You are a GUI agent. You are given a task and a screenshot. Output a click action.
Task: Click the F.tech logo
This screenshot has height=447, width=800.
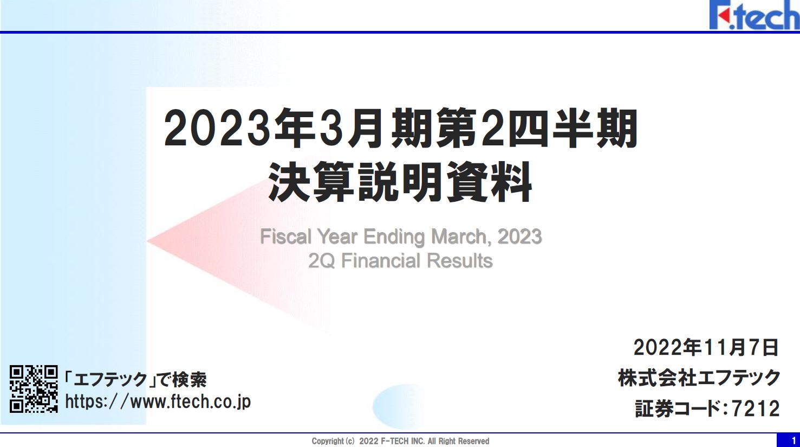[x=755, y=15]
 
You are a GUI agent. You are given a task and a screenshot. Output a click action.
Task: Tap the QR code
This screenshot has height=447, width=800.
[x=34, y=389]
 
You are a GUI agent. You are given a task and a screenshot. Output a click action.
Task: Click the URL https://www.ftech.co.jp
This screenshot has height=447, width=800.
[x=158, y=402]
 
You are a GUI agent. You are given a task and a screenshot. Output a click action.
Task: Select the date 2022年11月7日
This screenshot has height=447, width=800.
[x=706, y=347]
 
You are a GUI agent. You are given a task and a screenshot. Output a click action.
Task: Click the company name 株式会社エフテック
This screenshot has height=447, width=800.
[x=699, y=378]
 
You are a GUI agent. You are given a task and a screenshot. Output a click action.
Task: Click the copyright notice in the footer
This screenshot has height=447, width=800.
[x=400, y=441]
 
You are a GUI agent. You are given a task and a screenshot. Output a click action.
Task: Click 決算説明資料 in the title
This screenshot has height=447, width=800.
[x=400, y=182]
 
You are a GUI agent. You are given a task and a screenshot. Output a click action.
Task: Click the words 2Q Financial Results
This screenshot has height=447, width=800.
[x=400, y=260]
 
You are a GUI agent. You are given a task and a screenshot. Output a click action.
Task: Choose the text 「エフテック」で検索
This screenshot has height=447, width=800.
[x=135, y=379]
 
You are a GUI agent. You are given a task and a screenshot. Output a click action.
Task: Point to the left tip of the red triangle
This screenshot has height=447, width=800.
[x=147, y=241]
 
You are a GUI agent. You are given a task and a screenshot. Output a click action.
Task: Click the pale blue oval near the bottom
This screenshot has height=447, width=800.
[x=400, y=406]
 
